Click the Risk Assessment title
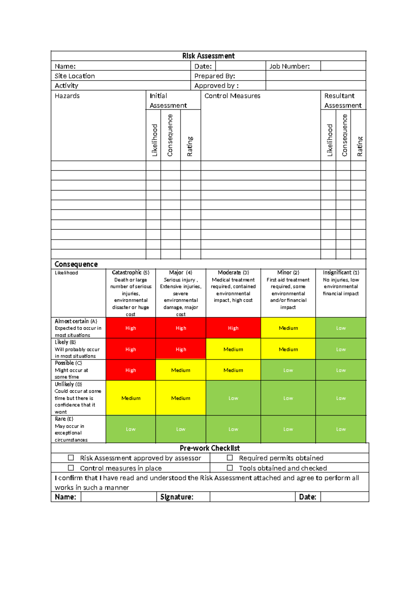pos(208,56)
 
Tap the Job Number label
pos(289,66)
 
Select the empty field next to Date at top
pos(240,66)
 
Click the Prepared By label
pos(215,76)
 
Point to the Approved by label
pos(216,86)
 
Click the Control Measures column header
pos(232,96)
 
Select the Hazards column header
pos(67,96)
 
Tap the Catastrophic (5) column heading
pos(131,272)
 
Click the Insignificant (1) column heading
pos(341,272)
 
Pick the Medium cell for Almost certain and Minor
pos(288,328)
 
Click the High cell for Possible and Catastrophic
pos(131,370)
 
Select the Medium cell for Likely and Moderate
pos(233,350)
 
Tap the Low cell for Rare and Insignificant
pos(341,429)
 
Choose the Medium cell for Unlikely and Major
pos(181,398)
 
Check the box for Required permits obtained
pos(230,458)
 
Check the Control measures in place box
pos(71,468)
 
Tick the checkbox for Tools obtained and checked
pos(230,468)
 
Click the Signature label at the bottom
pos(177,497)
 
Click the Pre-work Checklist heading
pos(210,448)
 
